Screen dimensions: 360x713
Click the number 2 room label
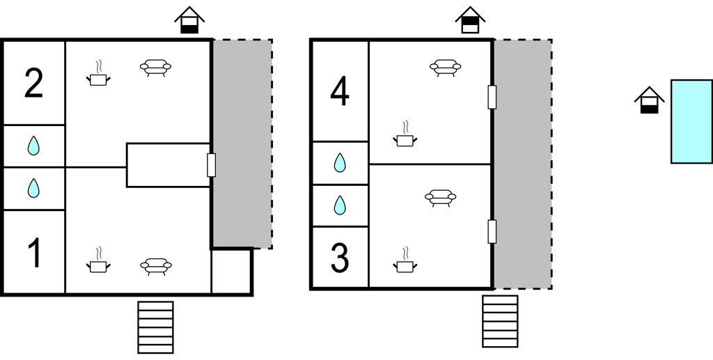pos(33,84)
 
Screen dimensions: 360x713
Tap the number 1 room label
pos(33,253)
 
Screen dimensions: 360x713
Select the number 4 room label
pos(339,93)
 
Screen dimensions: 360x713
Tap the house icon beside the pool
pos(649,100)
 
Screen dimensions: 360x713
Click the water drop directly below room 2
pos(33,146)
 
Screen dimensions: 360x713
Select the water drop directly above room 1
pos(33,188)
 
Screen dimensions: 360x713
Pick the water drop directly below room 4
pos(339,163)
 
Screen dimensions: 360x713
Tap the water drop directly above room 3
pos(339,205)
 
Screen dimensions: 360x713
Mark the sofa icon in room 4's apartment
pos(445,68)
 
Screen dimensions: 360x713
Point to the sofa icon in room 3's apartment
pos(440,198)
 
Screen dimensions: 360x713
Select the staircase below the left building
pos(155,327)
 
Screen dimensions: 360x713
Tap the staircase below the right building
pos(500,321)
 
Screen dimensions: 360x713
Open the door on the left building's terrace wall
pos(212,165)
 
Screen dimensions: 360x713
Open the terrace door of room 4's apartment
pos(492,97)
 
